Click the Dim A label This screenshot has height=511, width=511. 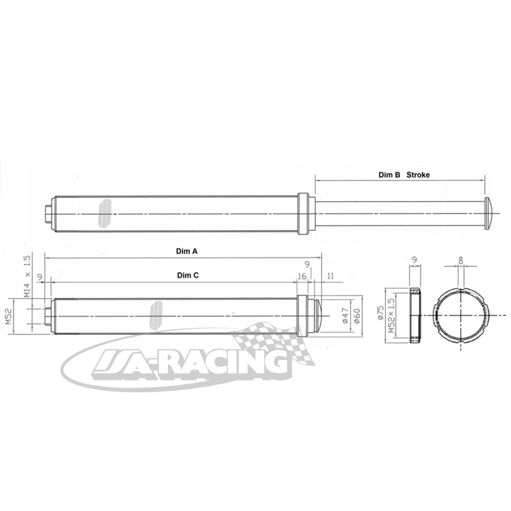coord(187,251)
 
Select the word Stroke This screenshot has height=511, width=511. coord(418,175)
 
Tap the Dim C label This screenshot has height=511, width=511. coord(188,275)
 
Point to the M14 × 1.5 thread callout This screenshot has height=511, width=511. coord(27,276)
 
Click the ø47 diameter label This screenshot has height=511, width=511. coord(346,316)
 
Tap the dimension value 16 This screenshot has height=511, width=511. coord(302,276)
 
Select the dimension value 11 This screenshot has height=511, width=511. coord(330,276)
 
